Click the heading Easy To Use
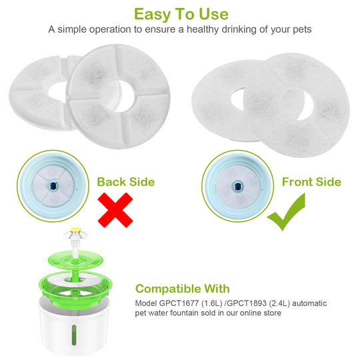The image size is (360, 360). pos(181,14)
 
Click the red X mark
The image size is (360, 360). pos(114,211)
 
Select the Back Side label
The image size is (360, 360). pos(125,182)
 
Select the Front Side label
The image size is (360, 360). pos(311,182)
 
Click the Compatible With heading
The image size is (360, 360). pos(182,289)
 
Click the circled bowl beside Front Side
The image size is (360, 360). pos(237,182)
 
